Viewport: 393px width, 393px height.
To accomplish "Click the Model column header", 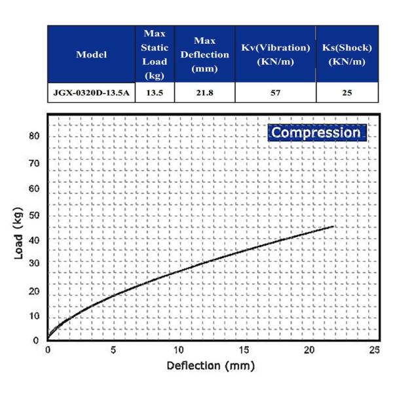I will click(91, 54).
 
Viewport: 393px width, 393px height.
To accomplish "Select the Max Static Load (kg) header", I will click(154, 54).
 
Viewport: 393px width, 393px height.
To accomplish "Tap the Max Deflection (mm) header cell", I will click(205, 54).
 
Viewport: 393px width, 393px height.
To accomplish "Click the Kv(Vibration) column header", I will click(274, 54).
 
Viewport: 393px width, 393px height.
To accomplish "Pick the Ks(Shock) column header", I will click(347, 54).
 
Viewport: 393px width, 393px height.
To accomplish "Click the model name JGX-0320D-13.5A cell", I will click(91, 92).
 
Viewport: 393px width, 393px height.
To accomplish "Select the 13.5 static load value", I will click(154, 92).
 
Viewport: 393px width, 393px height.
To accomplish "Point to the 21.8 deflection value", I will click(205, 92).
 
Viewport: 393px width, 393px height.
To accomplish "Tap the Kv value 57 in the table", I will click(274, 92).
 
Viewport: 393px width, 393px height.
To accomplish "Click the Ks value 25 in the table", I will click(347, 92).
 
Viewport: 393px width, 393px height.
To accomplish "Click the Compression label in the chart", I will click(316, 132).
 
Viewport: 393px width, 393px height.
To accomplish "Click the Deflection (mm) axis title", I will click(210, 365).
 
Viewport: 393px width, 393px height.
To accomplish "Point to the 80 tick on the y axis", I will click(35, 136).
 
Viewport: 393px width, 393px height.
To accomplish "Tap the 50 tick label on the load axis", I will click(35, 215).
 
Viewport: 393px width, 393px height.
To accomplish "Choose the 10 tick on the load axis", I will click(35, 316).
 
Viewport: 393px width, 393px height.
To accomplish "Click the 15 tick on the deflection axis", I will click(244, 351).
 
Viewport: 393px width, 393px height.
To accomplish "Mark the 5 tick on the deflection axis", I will click(113, 351).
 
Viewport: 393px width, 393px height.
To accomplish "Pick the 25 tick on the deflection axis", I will click(374, 351).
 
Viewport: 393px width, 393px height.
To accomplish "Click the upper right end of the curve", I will click(333, 227).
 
